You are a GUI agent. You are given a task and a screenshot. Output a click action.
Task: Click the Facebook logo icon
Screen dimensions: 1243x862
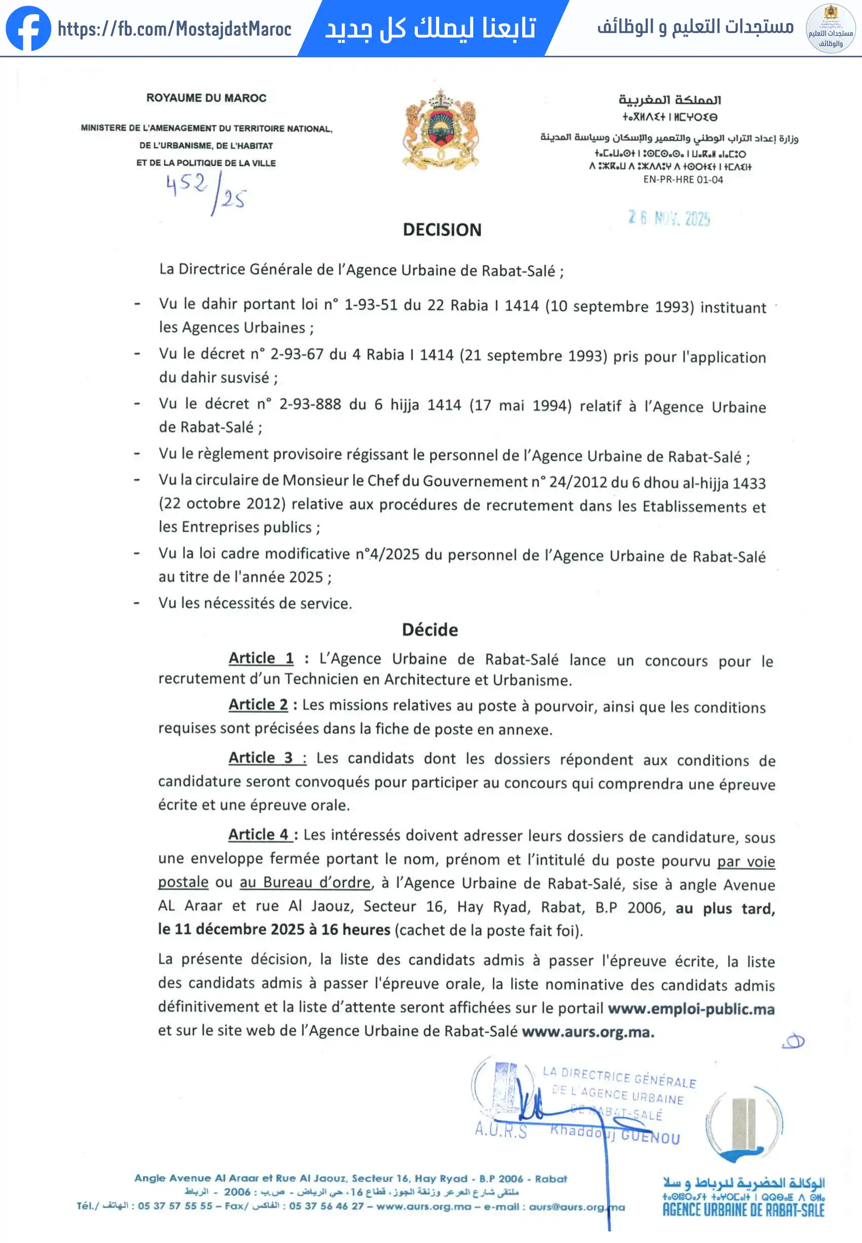[28, 28]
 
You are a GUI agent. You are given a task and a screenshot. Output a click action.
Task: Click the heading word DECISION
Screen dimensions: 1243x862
[442, 230]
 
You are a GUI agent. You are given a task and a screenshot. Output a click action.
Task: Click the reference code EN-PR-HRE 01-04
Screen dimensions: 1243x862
[683, 180]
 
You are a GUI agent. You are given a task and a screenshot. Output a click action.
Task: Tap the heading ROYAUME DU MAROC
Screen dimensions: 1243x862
[206, 98]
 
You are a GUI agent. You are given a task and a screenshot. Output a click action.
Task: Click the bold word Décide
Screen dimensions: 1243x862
[430, 630]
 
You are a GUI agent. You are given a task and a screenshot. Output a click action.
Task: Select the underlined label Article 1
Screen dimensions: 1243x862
[261, 658]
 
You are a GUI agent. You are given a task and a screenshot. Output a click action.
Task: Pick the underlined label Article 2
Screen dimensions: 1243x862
[258, 705]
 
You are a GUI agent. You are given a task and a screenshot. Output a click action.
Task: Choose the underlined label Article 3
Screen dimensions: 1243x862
[261, 757]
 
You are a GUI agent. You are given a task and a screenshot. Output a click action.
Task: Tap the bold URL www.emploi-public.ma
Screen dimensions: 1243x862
[691, 1009]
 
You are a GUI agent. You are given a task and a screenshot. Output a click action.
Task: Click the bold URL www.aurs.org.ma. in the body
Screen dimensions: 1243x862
[588, 1032]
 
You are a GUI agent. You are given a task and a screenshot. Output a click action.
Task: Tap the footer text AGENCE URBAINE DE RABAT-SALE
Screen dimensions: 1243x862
[743, 1211]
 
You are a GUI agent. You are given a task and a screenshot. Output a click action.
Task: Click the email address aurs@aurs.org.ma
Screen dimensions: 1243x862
[577, 1207]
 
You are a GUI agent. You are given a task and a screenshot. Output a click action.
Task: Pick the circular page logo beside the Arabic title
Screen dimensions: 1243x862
[830, 28]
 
